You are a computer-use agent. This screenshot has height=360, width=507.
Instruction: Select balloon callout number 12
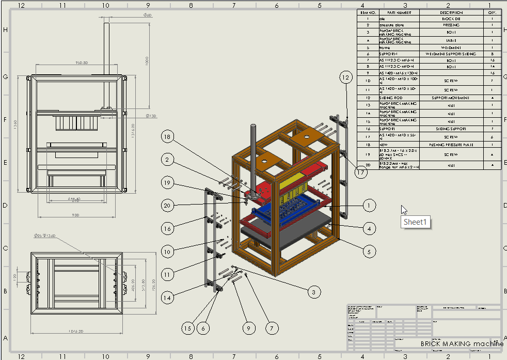(346, 77)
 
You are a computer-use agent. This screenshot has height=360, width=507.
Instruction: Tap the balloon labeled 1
(369, 206)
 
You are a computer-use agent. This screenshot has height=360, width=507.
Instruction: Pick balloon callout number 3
(313, 292)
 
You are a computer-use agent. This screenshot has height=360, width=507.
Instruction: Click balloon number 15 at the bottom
(188, 328)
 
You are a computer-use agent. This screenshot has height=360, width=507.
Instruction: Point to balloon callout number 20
(166, 206)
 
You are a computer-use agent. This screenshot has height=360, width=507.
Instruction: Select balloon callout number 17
(361, 173)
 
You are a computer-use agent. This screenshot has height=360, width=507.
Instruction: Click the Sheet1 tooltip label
(416, 222)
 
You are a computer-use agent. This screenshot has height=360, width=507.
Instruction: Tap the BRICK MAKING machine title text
(461, 343)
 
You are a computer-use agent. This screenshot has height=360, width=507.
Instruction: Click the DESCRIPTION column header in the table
(451, 12)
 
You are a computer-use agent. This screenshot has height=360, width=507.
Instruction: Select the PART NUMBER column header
(399, 12)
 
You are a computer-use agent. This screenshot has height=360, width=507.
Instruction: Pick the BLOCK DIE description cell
(451, 19)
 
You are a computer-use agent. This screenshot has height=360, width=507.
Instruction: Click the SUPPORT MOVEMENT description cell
(451, 98)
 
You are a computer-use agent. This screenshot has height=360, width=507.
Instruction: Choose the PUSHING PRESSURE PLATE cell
(451, 145)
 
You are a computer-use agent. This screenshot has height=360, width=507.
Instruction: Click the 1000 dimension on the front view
(147, 61)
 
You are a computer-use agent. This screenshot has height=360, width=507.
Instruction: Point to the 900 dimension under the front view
(76, 215)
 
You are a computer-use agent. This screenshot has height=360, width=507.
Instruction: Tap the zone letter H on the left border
(6, 30)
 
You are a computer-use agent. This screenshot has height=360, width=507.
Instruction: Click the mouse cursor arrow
(404, 210)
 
